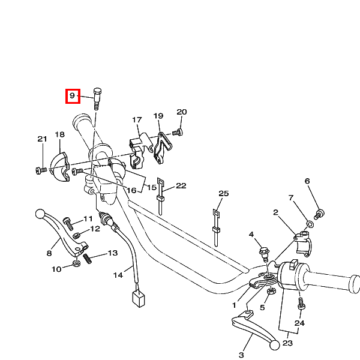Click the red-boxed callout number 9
coord(72,95)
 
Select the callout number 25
coord(224,194)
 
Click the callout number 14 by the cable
coord(118,275)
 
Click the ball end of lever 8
coord(41,213)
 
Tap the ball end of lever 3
coord(274,344)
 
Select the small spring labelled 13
coord(88,258)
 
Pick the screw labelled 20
coord(177,132)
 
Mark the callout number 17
coord(137,119)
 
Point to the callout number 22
coord(181,186)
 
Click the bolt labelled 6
coord(320,212)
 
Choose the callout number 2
coord(275,212)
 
